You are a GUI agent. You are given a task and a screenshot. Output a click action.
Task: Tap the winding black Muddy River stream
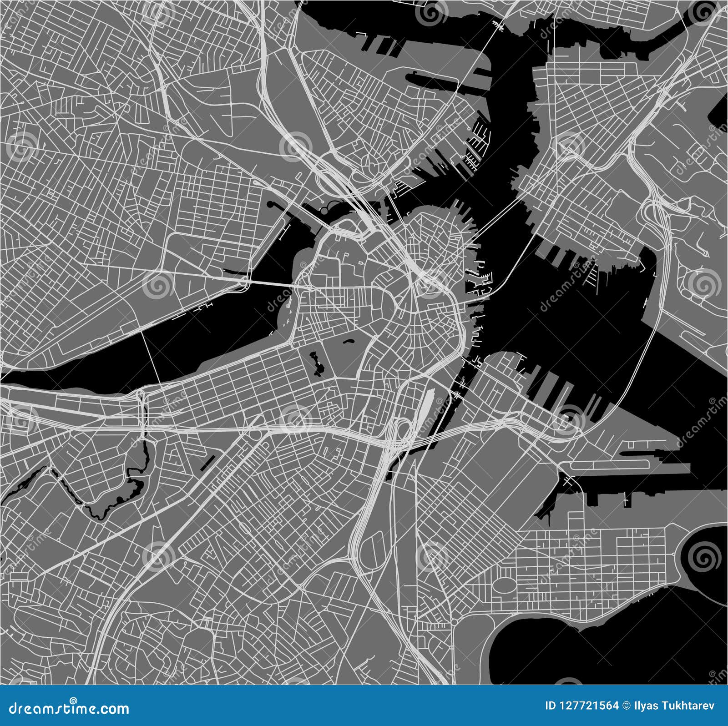114,500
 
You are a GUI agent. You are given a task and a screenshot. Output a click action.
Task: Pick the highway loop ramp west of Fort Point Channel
403,428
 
